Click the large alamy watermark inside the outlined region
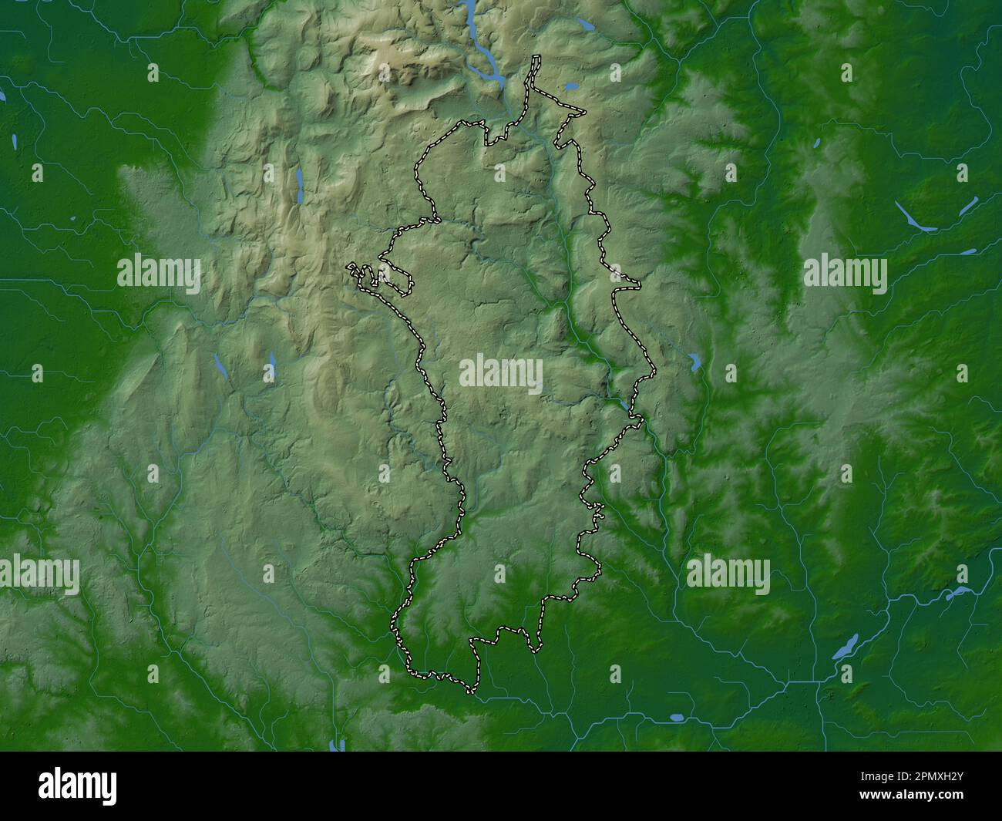pyautogui.click(x=501, y=375)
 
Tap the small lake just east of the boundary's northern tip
pyautogui.click(x=571, y=86)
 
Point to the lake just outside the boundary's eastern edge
pyautogui.click(x=695, y=360)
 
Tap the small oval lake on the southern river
pyautogui.click(x=676, y=717)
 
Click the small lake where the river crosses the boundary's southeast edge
pyautogui.click(x=622, y=402)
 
